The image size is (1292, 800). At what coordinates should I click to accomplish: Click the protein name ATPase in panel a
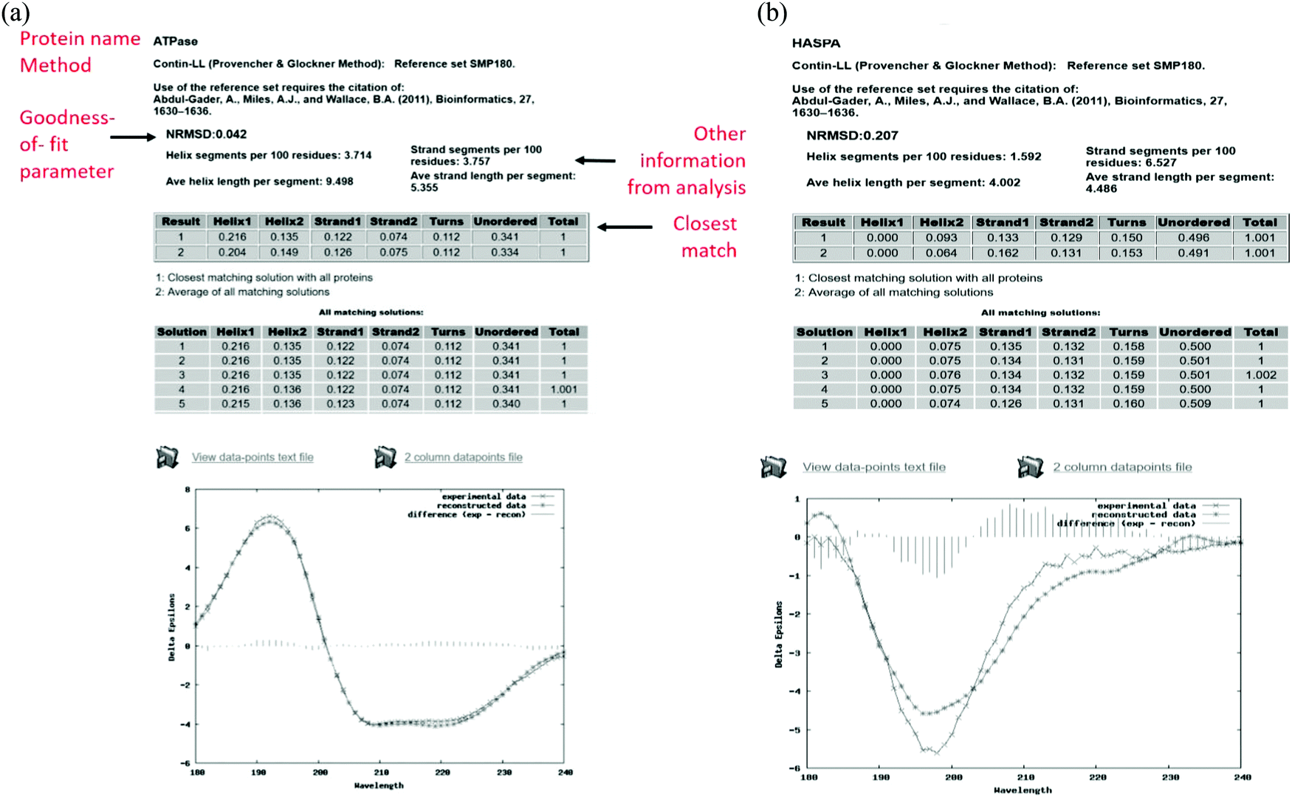click(x=175, y=41)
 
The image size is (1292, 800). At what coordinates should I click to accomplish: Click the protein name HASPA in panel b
click(x=816, y=43)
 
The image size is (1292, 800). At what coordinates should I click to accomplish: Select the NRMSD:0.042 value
click(x=206, y=134)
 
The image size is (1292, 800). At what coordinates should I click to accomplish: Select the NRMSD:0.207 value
click(x=852, y=135)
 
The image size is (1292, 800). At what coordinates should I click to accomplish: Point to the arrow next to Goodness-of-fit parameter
click(x=133, y=137)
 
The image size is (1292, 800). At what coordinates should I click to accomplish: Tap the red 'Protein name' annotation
click(x=80, y=38)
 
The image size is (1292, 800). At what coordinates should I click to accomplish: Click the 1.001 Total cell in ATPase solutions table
click(x=563, y=389)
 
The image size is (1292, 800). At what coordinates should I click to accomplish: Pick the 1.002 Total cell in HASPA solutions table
click(x=1260, y=375)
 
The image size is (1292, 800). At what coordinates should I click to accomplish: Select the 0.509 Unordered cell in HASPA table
click(x=1195, y=404)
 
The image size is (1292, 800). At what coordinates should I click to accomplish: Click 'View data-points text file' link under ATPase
click(x=252, y=457)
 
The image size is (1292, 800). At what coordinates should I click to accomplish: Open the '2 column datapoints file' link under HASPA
click(x=1121, y=467)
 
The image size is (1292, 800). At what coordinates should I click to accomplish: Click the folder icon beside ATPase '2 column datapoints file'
click(x=385, y=457)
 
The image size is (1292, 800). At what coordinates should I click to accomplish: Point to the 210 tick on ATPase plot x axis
click(x=381, y=772)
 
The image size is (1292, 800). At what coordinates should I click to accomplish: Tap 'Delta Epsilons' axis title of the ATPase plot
click(x=171, y=626)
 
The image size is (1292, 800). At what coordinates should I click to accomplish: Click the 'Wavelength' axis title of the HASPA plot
click(x=1023, y=790)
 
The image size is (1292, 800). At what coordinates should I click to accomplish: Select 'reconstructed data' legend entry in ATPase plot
click(x=481, y=505)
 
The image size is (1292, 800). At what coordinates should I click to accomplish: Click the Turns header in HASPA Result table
click(x=1127, y=222)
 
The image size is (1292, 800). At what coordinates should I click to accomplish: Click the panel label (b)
click(x=772, y=13)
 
